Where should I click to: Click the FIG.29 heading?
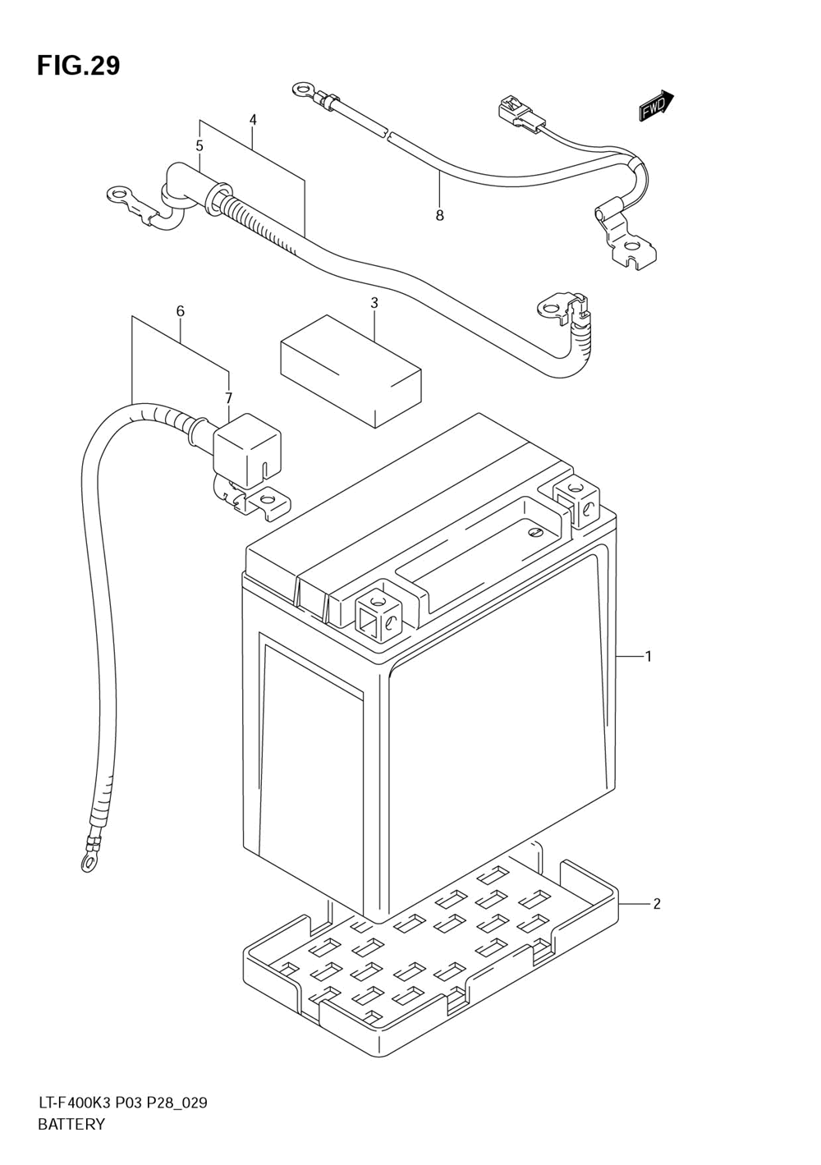pyautogui.click(x=78, y=66)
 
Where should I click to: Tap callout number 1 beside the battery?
pyautogui.click(x=648, y=656)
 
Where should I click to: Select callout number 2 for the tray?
pyautogui.click(x=656, y=904)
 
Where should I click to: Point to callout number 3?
pyautogui.click(x=374, y=303)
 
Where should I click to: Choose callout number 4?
pyautogui.click(x=253, y=120)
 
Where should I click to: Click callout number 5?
pyautogui.click(x=200, y=145)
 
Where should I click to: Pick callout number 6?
pyautogui.click(x=180, y=311)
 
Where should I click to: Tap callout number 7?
pyautogui.click(x=229, y=398)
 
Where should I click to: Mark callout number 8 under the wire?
pyautogui.click(x=439, y=215)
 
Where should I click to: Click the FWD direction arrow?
pyautogui.click(x=656, y=106)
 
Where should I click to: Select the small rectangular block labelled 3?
pyautogui.click(x=351, y=370)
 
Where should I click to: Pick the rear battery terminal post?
pyautogui.click(x=578, y=501)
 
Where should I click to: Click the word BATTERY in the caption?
pyautogui.click(x=71, y=1125)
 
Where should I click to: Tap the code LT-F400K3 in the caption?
pyautogui.click(x=74, y=1103)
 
